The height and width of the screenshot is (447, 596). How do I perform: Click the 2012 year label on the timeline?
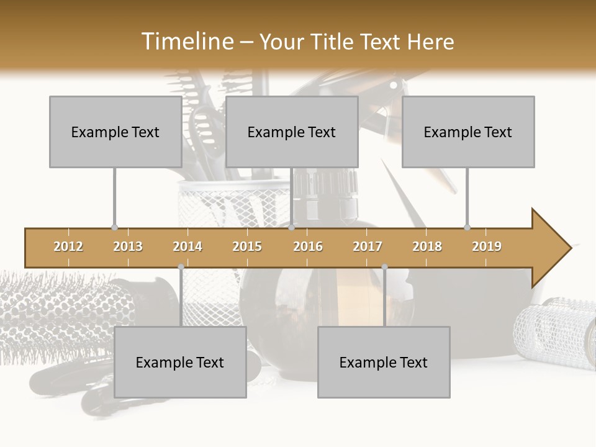[x=68, y=246]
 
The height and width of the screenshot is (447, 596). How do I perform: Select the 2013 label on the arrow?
[x=128, y=246]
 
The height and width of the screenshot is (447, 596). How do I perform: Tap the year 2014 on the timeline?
[x=187, y=246]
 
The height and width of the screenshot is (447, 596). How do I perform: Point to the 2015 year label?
[x=247, y=246]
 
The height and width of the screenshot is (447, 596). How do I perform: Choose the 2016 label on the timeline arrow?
[x=308, y=246]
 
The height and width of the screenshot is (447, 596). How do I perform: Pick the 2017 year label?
[x=368, y=246]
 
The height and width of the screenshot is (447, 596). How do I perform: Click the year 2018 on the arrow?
[x=427, y=246]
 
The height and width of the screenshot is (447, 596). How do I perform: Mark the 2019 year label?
[x=487, y=246]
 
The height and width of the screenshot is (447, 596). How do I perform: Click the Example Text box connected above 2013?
[x=115, y=132]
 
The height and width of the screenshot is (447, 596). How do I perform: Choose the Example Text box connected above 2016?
[x=292, y=132]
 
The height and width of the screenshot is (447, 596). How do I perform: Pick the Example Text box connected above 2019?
[x=468, y=132]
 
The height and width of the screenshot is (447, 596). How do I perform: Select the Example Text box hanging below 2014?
[x=180, y=362]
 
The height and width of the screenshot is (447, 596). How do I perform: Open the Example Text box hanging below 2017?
[x=384, y=362]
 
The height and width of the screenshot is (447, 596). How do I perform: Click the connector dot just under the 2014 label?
[x=181, y=267]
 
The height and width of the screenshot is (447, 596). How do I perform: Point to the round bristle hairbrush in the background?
[x=56, y=310]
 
